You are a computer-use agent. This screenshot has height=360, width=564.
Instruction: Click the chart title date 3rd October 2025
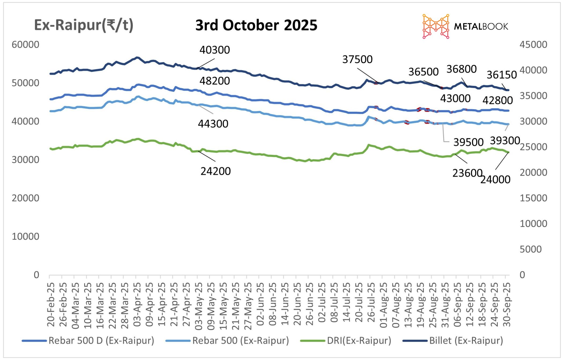pyautogui.click(x=256, y=25)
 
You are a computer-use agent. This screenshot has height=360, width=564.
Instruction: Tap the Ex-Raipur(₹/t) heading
pyautogui.click(x=84, y=25)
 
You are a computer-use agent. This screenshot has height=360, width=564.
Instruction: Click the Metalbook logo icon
pyautogui.click(x=436, y=26)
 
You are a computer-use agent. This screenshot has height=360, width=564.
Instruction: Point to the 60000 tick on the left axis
pyautogui.click(x=25, y=45)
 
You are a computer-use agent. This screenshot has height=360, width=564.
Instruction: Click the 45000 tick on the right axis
pyautogui.click(x=533, y=45)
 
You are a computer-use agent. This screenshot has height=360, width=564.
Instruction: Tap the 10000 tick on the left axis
pyautogui.click(x=25, y=237)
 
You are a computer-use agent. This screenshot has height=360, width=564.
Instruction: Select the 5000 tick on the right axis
pyautogui.click(x=530, y=249)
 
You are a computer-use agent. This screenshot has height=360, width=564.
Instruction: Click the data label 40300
pyautogui.click(x=214, y=50)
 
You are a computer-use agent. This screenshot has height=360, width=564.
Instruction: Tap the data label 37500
pyautogui.click(x=357, y=60)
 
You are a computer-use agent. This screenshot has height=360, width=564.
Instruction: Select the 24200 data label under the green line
pyautogui.click(x=216, y=171)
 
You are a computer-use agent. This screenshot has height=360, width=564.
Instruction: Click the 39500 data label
pyautogui.click(x=468, y=142)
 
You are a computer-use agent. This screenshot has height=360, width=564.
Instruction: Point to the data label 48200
pyautogui.click(x=214, y=81)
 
